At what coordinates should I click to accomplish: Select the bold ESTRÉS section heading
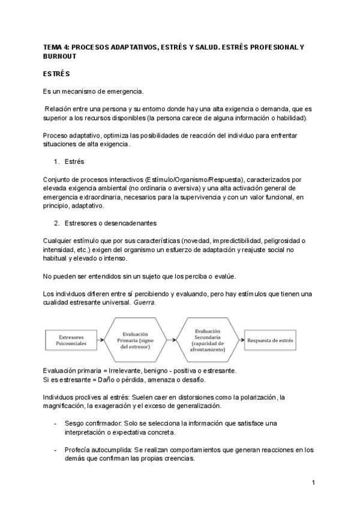[56, 74]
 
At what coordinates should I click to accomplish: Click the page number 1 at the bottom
[313, 483]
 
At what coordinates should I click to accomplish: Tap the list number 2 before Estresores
[56, 223]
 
